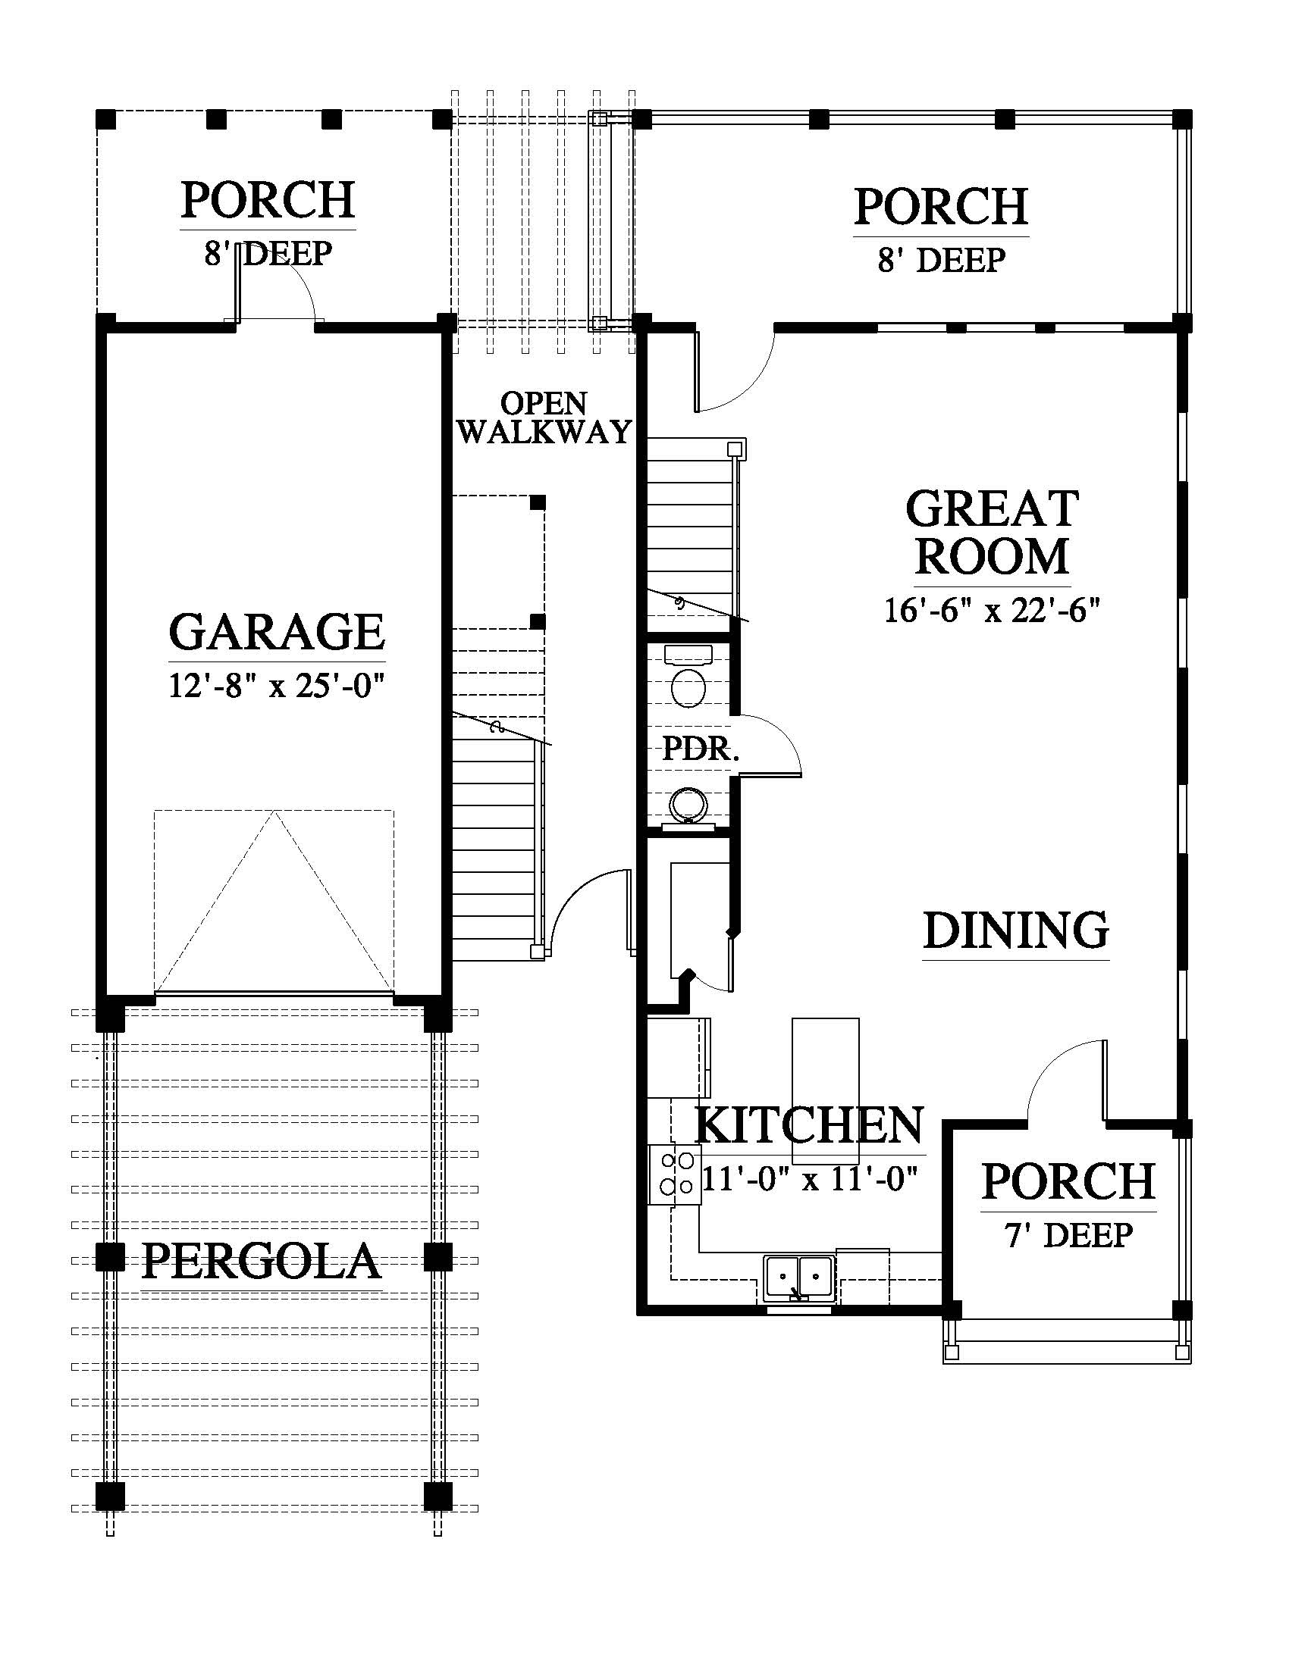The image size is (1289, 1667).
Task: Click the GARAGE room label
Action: (278, 632)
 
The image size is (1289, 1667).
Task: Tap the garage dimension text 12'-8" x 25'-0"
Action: (275, 687)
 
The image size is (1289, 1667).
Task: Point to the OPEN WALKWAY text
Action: (545, 418)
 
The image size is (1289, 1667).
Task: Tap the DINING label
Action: (1015, 930)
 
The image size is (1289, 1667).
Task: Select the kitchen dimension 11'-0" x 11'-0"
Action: (809, 1179)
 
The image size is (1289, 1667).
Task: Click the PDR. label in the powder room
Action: (701, 749)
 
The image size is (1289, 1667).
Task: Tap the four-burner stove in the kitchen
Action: (675, 1174)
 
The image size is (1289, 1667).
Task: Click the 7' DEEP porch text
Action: (1068, 1235)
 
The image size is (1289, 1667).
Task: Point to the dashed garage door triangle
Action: (274, 901)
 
